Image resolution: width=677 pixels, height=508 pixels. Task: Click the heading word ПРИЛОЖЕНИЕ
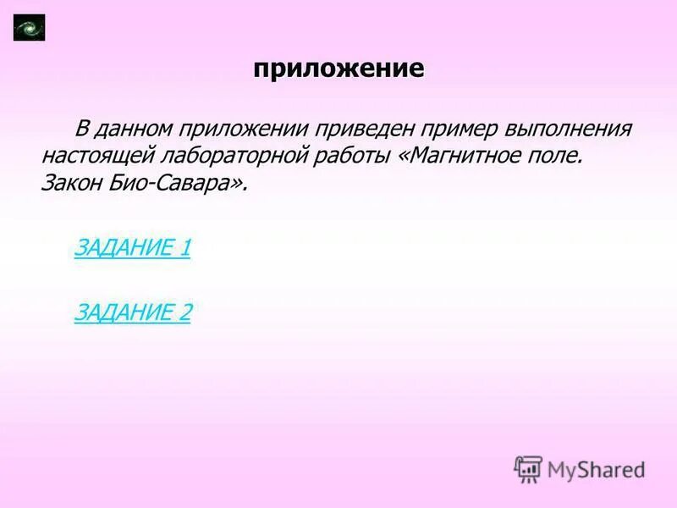338,69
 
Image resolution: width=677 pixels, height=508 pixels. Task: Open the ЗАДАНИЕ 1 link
133,248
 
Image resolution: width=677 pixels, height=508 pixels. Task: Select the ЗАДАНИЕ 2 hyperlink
133,312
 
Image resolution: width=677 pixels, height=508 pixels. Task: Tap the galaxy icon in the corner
30,28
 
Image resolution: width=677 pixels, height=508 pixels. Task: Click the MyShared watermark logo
580,468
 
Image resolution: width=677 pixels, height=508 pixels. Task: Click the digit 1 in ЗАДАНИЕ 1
184,248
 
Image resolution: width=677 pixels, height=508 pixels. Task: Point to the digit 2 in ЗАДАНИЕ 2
184,312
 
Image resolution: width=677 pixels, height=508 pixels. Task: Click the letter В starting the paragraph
82,130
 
